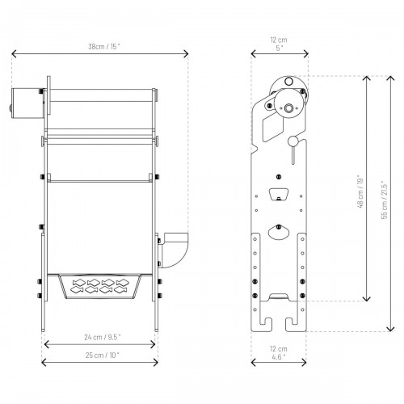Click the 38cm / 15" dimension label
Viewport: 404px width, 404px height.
[104, 47]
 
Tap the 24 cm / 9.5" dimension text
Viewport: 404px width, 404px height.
[103, 337]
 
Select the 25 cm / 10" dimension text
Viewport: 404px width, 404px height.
[103, 355]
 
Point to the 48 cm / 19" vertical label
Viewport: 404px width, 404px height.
[360, 192]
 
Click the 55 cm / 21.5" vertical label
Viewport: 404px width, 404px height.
[385, 200]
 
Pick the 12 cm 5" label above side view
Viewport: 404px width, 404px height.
[279, 44]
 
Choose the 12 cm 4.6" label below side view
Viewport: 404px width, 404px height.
[279, 353]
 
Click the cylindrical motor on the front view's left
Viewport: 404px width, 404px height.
[27, 103]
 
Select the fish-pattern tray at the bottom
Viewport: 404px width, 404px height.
[100, 286]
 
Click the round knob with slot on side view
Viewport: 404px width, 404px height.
[293, 141]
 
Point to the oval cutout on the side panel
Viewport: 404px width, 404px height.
[279, 232]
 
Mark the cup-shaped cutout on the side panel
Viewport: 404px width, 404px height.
[279, 195]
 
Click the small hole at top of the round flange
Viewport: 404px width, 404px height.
[288, 81]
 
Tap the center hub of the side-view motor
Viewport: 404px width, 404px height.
[288, 108]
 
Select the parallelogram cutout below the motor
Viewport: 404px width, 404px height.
[273, 127]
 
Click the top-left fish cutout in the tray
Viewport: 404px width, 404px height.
[79, 283]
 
